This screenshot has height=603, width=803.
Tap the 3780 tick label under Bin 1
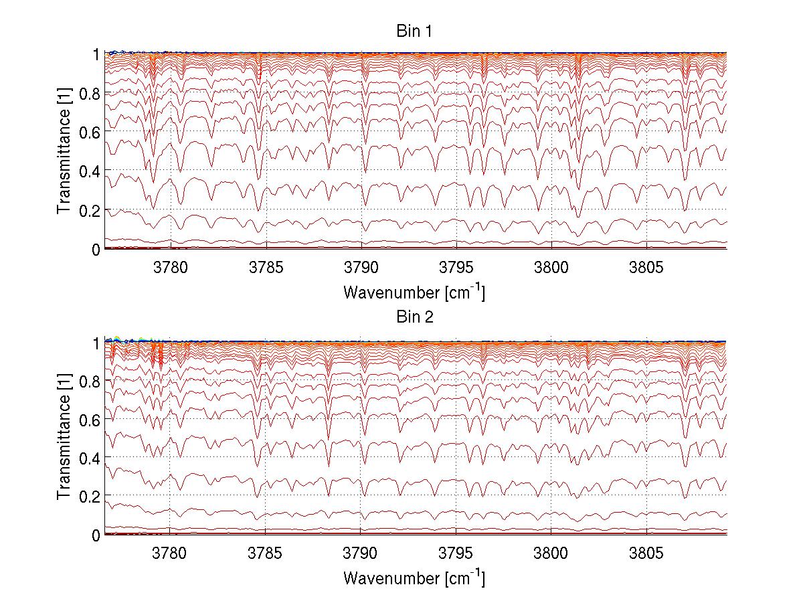pyautogui.click(x=171, y=268)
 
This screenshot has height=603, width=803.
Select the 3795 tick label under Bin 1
pyautogui.click(x=456, y=268)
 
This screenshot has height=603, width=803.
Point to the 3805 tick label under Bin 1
pyautogui.click(x=646, y=268)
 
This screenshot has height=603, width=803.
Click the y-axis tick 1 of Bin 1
pyautogui.click(x=96, y=54)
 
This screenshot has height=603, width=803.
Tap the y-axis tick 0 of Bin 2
pyautogui.click(x=96, y=535)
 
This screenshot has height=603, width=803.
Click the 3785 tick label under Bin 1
pyautogui.click(x=266, y=268)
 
